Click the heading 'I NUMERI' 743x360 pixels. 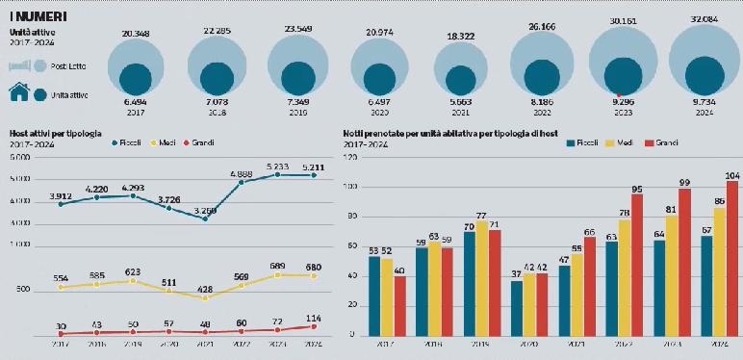tap(38, 16)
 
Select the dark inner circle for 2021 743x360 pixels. tap(458, 81)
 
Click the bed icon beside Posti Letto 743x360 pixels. tap(19, 66)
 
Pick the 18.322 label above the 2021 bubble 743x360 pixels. tap(458, 36)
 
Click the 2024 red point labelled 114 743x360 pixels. tap(312, 326)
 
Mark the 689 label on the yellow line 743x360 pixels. tap(277, 265)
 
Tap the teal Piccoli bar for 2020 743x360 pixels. tap(517, 309)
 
